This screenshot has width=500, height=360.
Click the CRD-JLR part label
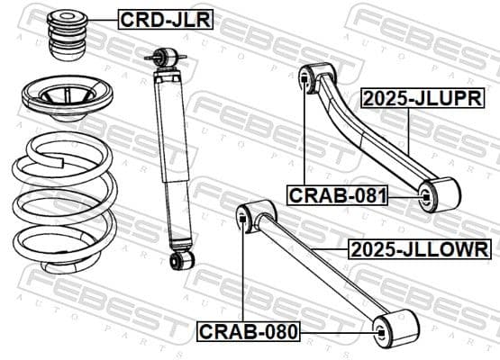(165, 18)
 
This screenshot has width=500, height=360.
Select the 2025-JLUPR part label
(417, 98)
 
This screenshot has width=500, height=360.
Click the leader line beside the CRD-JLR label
(104, 18)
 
